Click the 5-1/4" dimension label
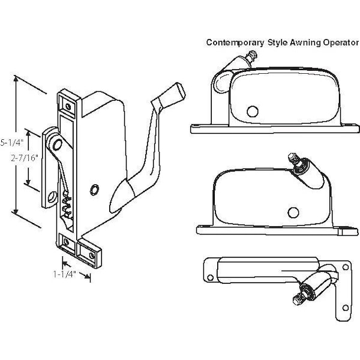(x=12, y=143)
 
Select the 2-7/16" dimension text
(x=25, y=158)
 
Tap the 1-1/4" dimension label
(x=65, y=274)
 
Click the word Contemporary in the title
(x=235, y=43)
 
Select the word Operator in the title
(x=341, y=43)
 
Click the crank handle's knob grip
(x=173, y=95)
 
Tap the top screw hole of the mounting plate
(x=68, y=106)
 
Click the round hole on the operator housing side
(x=95, y=190)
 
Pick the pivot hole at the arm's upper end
(x=58, y=145)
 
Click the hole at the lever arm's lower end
(x=53, y=197)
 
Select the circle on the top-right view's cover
(x=253, y=112)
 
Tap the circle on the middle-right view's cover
(x=293, y=212)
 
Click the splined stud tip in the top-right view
(x=252, y=55)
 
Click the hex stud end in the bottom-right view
(x=297, y=299)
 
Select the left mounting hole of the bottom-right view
(x=210, y=278)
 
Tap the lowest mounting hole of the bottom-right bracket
(x=346, y=308)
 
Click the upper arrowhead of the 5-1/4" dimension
(x=16, y=79)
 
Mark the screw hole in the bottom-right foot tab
(x=92, y=255)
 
